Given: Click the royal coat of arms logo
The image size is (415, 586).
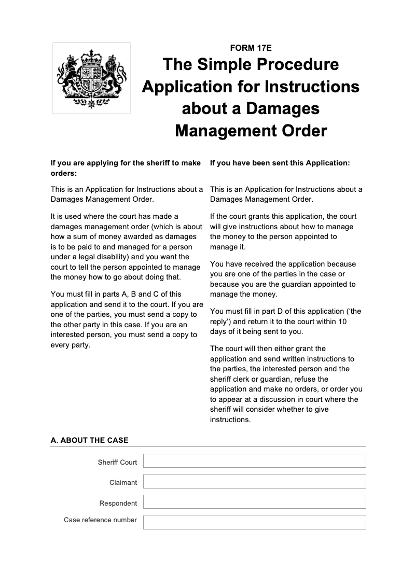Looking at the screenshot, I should (x=91, y=78).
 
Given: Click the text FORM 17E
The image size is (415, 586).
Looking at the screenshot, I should (x=251, y=48).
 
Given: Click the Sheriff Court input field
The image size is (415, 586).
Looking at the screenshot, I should (x=254, y=461).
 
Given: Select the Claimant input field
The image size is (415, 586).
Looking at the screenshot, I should (x=254, y=482).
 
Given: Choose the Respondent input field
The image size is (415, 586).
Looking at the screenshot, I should (x=254, y=502).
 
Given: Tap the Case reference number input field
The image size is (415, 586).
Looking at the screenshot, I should (x=254, y=522).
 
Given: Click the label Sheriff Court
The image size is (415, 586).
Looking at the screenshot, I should (x=117, y=462).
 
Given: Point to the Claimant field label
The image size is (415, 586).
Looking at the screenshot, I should (x=123, y=482).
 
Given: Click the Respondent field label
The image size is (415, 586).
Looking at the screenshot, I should (x=118, y=503).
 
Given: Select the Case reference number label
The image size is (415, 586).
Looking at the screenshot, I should (x=100, y=520).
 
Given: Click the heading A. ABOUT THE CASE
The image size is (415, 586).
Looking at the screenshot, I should (x=89, y=440).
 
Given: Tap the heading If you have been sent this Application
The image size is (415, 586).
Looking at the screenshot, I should (x=280, y=163).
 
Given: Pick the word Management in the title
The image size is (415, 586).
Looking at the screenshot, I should (x=227, y=131).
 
